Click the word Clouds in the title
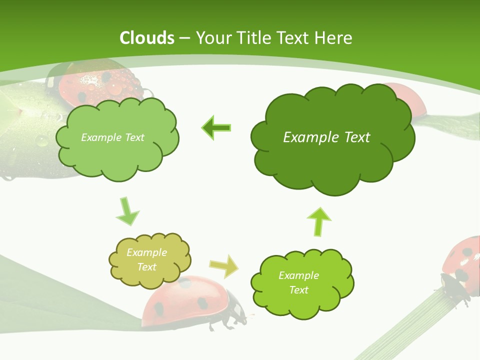click(x=147, y=38)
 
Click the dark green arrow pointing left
click(x=216, y=128)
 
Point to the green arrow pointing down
click(x=127, y=211)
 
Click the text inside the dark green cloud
click(x=326, y=137)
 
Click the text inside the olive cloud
click(x=146, y=259)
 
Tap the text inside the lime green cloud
click(x=298, y=282)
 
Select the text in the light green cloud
click(x=112, y=137)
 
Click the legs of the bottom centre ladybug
click(x=227, y=322)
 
